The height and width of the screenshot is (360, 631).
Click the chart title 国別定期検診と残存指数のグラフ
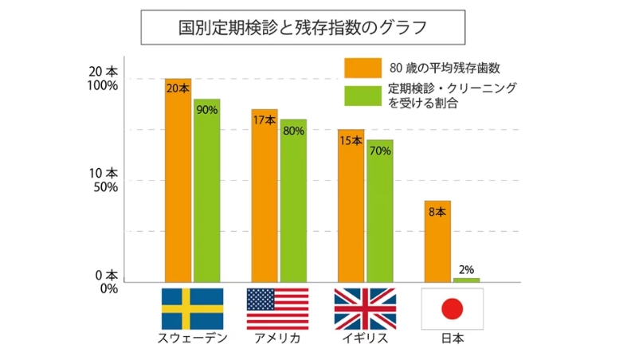pos(303,27)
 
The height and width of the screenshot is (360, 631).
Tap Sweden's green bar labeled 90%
pos(206,190)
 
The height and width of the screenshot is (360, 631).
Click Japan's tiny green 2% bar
pos(466,280)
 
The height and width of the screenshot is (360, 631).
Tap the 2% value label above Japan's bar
pos(467,270)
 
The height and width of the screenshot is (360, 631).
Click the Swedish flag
pos(192,308)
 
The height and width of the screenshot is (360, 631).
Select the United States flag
pos(277,308)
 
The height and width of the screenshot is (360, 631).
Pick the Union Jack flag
pos(364,308)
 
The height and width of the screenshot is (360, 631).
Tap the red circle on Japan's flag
pos(452,309)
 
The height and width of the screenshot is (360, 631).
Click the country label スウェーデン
pos(192,338)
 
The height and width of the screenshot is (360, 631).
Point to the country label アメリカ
pos(277,338)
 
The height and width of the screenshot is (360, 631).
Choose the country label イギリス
pos(364,338)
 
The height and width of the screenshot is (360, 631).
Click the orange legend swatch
pos(363,68)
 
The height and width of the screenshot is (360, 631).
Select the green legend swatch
pos(363,95)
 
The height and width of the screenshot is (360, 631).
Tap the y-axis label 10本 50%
pos(102,180)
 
